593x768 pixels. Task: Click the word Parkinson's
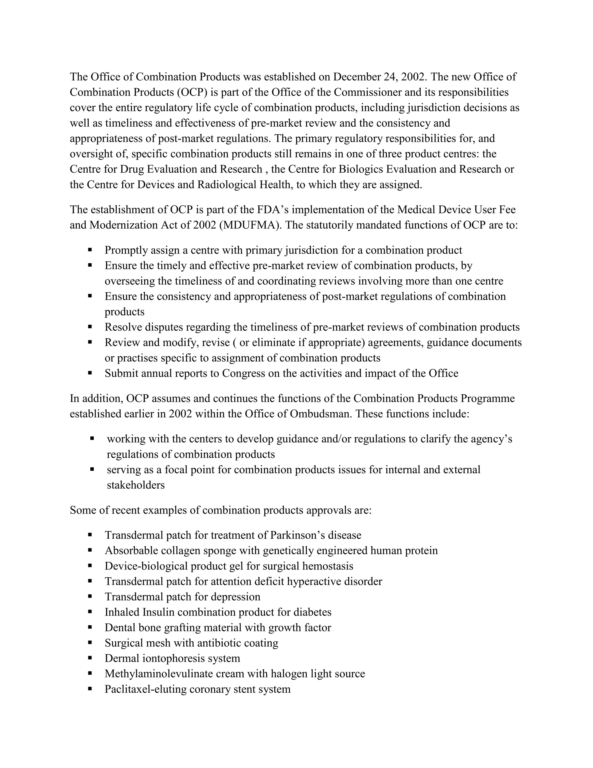tap(298, 535)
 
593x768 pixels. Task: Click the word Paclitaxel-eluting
tap(145, 689)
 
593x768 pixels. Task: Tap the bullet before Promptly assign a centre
tap(90, 250)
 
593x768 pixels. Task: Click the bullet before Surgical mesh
tap(90, 643)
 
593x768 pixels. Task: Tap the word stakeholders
tap(136, 485)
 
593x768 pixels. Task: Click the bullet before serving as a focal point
tap(92, 469)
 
